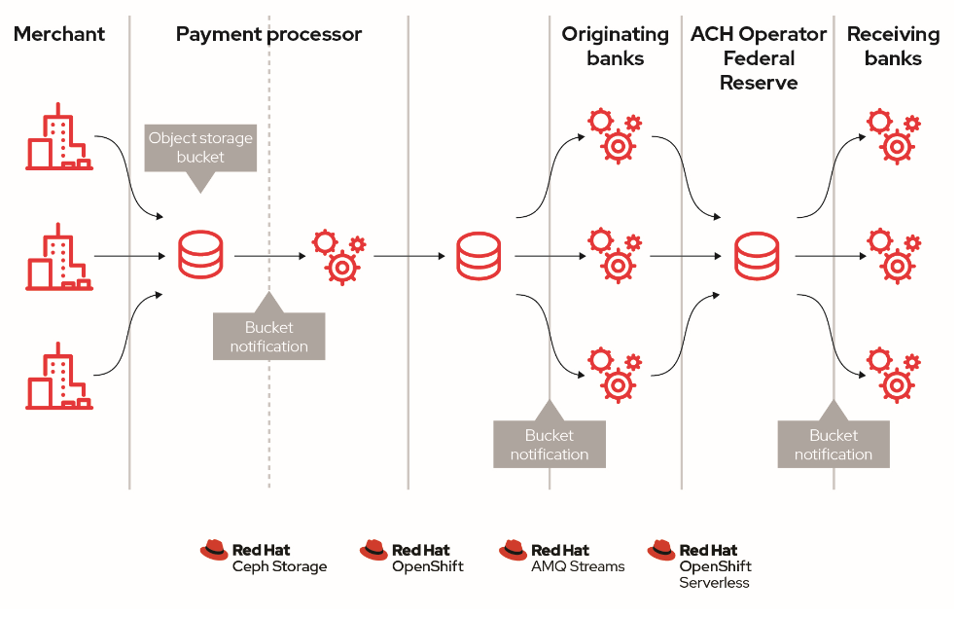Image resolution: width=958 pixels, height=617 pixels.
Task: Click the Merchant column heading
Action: coord(59,35)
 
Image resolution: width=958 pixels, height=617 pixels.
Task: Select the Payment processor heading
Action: coord(268,35)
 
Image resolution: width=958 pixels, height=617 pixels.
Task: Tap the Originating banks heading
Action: coord(615,46)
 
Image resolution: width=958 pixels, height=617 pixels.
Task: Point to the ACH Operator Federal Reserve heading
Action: coord(759,58)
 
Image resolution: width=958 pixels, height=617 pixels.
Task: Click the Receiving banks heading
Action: coord(893,46)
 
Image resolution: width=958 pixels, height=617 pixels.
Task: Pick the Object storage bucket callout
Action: coord(200,148)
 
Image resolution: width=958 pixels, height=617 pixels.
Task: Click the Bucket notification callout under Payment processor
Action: coord(268,337)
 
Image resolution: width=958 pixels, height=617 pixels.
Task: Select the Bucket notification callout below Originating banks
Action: coord(550,444)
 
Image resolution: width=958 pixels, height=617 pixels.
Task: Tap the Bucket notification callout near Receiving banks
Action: coord(834,444)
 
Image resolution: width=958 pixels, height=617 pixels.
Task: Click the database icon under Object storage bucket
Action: coord(200,256)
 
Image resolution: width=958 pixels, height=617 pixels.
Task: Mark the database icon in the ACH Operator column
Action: coord(758,256)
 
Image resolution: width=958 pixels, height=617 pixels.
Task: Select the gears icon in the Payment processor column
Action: coord(338,256)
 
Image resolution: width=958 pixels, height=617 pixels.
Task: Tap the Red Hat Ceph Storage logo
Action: coord(265,558)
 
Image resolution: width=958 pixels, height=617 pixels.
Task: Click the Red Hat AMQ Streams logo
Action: coord(562,558)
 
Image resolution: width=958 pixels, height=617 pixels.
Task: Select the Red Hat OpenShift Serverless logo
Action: coord(700,564)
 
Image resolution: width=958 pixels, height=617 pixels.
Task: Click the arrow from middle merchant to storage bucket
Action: coord(130,257)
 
